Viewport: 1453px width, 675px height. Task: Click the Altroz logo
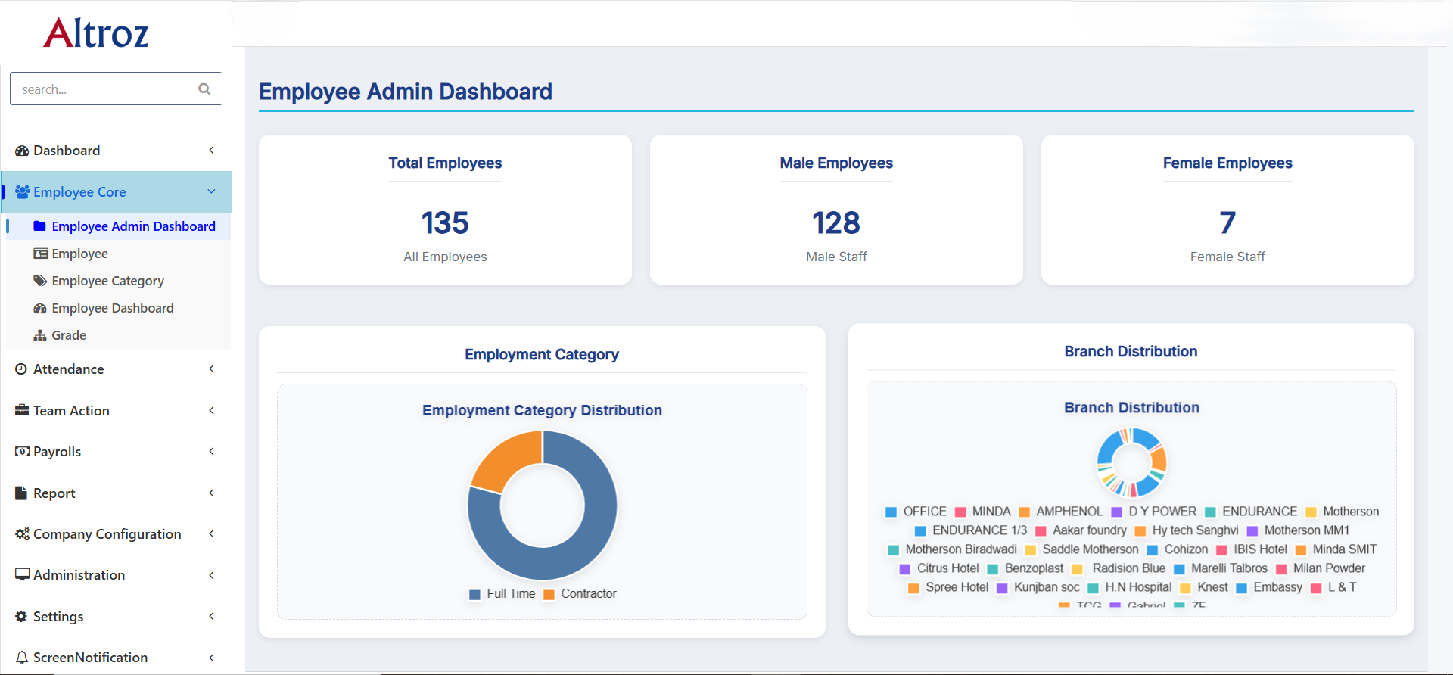pyautogui.click(x=96, y=33)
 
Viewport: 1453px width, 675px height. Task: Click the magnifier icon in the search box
pyautogui.click(x=204, y=89)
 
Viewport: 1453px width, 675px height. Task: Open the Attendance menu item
pyautogui.click(x=69, y=369)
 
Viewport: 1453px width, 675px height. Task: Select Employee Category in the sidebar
pyautogui.click(x=107, y=281)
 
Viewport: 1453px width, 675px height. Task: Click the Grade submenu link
pyautogui.click(x=69, y=335)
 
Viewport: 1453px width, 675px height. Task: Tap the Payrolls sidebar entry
pyautogui.click(x=57, y=452)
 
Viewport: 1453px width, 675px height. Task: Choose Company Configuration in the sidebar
pyautogui.click(x=107, y=534)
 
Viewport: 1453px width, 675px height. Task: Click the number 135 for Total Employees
pyautogui.click(x=445, y=223)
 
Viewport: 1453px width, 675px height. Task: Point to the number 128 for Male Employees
pyautogui.click(x=836, y=223)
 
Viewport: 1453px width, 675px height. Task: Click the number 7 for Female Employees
pyautogui.click(x=1227, y=223)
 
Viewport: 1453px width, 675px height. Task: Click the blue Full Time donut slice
pyautogui.click(x=590, y=530)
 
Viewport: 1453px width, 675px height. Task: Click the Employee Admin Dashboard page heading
pyautogui.click(x=406, y=92)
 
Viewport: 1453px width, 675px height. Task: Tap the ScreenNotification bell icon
pyautogui.click(x=22, y=658)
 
